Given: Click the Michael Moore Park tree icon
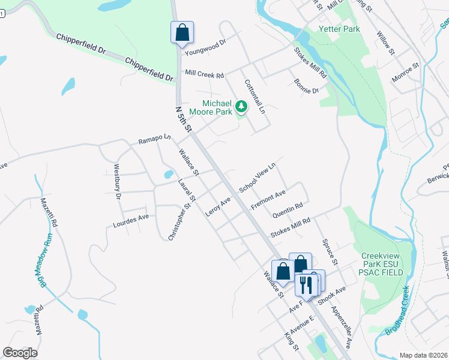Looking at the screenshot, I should click(x=241, y=107).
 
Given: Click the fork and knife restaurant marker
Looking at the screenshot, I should click(x=306, y=285).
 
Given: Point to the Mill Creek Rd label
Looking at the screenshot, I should click(x=204, y=74).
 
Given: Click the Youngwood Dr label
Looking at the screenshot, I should click(x=205, y=47).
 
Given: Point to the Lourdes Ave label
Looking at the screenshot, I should click(x=130, y=221).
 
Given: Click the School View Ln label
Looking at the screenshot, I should click(x=257, y=177).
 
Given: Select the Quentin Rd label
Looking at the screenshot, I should click(x=287, y=211).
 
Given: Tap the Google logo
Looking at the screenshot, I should click(x=20, y=353).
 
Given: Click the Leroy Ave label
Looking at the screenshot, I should click(x=218, y=207).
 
